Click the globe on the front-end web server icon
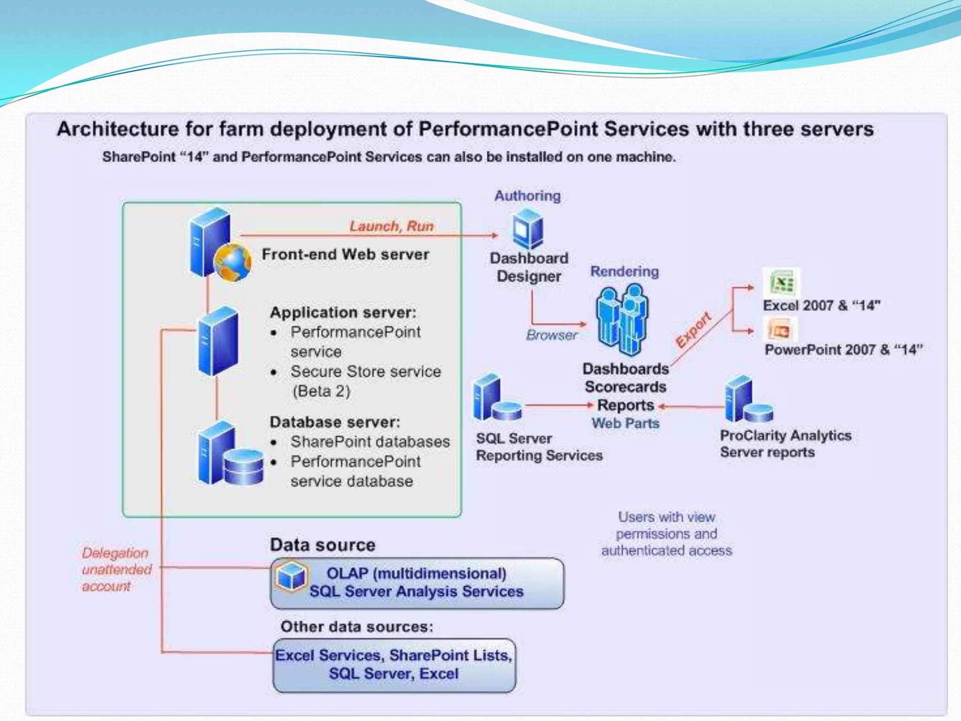click(x=233, y=262)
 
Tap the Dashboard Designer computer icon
click(x=528, y=229)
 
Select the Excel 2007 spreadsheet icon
click(x=781, y=283)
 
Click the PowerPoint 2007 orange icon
click(x=780, y=330)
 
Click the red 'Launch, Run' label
click(x=391, y=226)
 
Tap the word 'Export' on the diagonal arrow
click(x=693, y=330)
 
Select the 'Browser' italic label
click(x=552, y=335)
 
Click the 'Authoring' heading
click(x=527, y=196)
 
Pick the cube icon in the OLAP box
click(x=291, y=576)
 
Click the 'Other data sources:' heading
click(x=357, y=627)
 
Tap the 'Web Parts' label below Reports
click(x=625, y=423)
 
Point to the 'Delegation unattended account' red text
click(x=116, y=569)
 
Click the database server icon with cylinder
click(x=229, y=454)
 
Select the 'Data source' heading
click(x=322, y=545)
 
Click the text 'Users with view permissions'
click(x=666, y=525)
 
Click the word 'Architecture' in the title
click(x=118, y=129)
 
